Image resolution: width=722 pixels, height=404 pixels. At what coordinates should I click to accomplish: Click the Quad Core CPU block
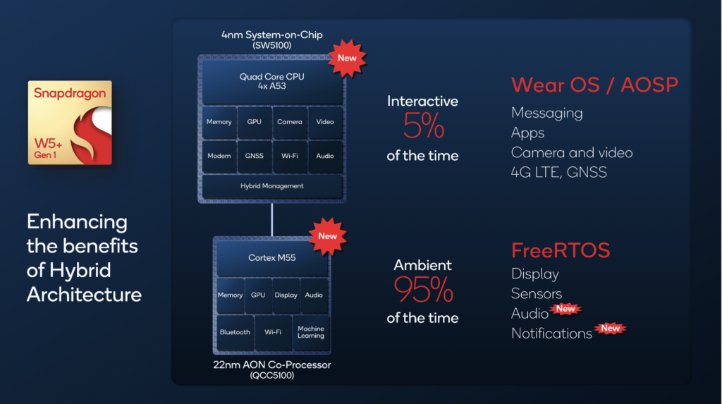point(272,82)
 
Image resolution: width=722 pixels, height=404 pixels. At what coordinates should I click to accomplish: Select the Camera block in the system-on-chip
point(289,122)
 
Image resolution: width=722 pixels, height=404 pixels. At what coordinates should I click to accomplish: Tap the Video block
point(325,122)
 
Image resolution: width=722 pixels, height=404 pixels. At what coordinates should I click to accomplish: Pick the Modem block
point(219,156)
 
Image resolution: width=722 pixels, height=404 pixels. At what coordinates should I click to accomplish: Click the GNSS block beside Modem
point(254,156)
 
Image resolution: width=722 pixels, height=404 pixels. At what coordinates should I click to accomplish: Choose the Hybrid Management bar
point(272,186)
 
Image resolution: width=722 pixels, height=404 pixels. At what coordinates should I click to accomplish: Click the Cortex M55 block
point(272,258)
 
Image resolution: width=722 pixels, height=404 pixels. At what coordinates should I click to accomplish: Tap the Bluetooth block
point(235,332)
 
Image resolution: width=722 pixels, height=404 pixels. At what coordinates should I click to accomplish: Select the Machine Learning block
point(310,332)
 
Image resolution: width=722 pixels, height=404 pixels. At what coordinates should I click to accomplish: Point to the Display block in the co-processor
point(286,295)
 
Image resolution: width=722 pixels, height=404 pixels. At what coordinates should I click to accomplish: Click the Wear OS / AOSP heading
point(594,85)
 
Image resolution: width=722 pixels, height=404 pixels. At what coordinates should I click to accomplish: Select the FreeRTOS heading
point(561,250)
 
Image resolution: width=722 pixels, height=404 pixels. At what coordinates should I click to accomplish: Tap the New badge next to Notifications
point(610,328)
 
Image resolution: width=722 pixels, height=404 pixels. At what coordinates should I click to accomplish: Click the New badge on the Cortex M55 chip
point(327,236)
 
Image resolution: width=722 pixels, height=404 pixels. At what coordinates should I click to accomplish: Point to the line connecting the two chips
point(272,220)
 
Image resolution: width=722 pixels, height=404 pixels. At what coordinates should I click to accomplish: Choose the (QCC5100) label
point(272,376)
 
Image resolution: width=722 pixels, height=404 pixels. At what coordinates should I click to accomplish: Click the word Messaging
point(547,113)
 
